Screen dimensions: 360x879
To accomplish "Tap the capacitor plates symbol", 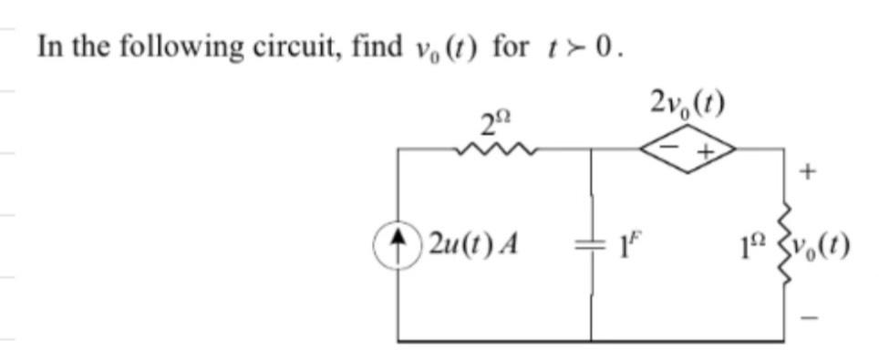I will (591, 244).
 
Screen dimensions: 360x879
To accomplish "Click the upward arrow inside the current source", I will (398, 242).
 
